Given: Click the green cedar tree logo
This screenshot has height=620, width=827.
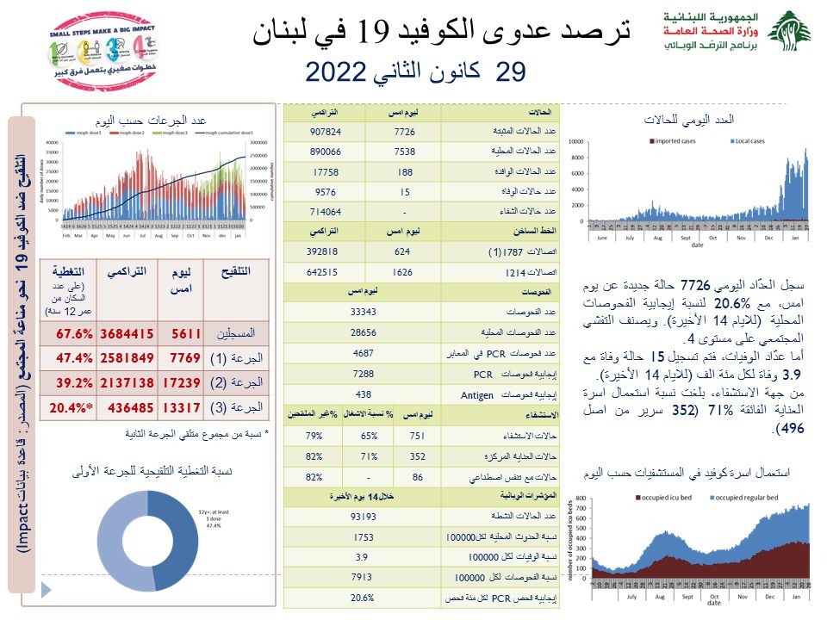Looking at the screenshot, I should [x=788, y=35].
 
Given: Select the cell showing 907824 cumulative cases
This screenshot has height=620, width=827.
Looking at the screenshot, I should [x=325, y=132].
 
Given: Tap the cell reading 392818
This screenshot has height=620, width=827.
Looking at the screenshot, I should [x=325, y=252].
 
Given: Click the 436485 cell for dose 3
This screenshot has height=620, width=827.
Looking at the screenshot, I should [x=127, y=405].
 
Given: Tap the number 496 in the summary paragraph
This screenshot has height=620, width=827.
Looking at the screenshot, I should [x=785, y=428].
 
